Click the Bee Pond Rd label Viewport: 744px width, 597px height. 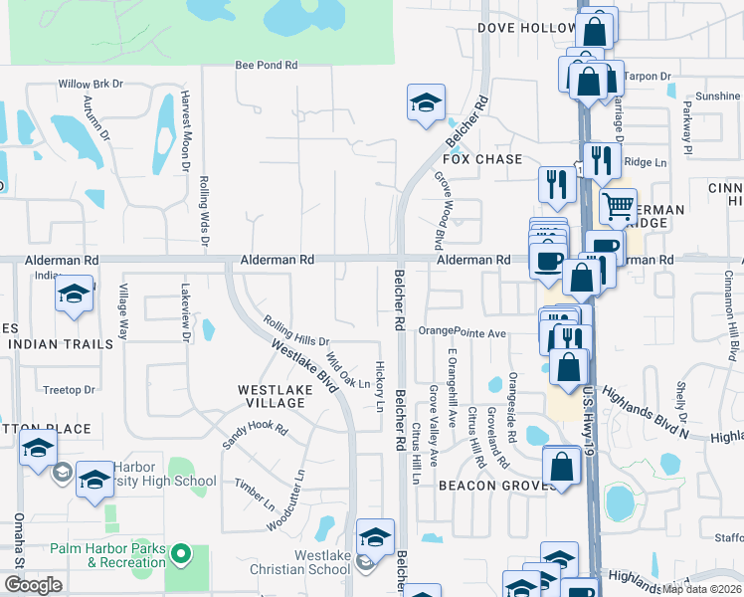266,66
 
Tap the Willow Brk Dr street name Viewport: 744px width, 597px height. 91,85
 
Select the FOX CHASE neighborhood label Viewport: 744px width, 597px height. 482,159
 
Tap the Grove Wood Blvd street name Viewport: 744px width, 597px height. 439,210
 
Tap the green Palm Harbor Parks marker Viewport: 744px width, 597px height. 180,552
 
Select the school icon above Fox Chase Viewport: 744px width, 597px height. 426,102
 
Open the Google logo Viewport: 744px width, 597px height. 33,584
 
